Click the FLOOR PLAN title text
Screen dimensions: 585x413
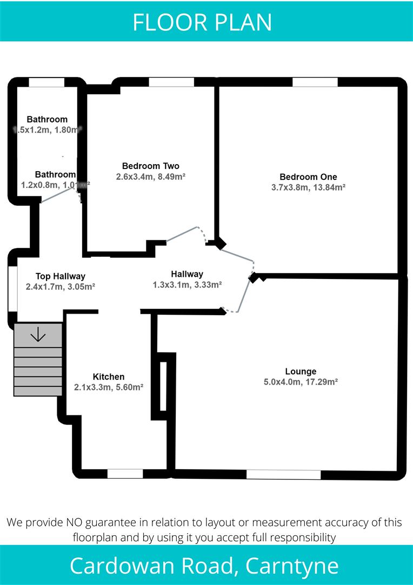click(202, 22)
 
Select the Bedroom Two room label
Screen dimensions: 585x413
click(150, 166)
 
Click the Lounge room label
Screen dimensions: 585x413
click(301, 372)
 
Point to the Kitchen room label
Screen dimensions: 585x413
click(109, 377)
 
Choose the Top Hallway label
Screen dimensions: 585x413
click(61, 276)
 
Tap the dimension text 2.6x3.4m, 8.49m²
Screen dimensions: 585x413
click(151, 176)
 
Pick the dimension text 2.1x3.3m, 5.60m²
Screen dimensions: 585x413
click(109, 387)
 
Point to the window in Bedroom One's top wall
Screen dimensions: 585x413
click(315, 82)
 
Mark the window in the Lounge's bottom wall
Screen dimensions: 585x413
click(283, 474)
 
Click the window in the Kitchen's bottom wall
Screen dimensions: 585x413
click(125, 474)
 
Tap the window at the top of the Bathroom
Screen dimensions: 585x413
click(46, 82)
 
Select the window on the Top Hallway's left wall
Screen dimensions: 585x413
click(12, 288)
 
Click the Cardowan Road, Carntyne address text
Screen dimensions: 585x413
click(204, 566)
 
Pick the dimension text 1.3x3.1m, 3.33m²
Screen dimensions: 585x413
click(187, 284)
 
